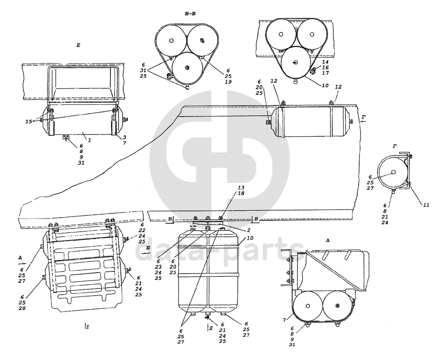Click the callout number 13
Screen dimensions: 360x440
pos(228,187)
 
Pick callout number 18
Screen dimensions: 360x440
pos(228,193)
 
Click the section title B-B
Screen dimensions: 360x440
pos(190,15)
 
